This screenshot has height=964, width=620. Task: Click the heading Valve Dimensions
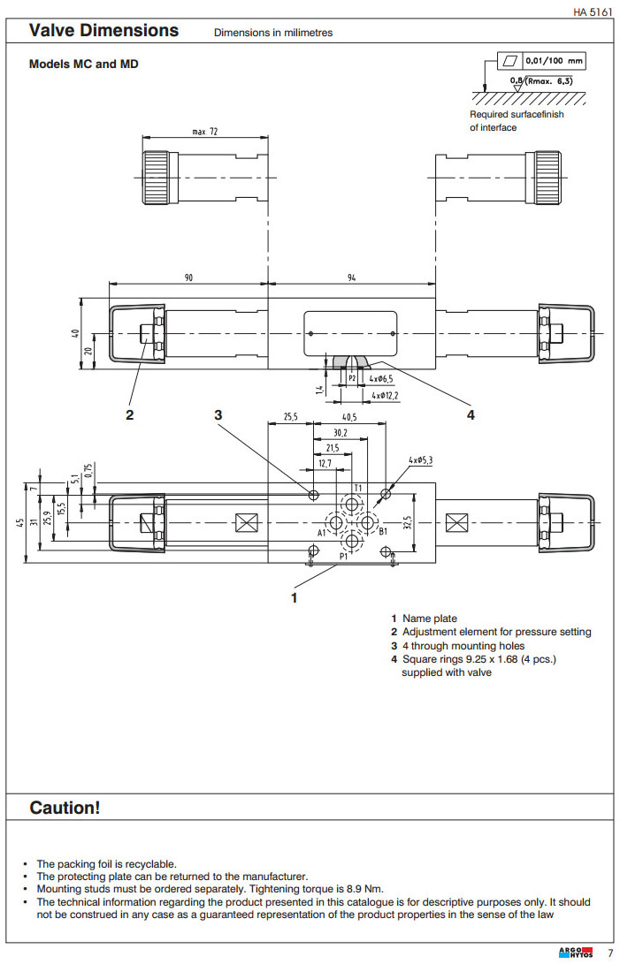pyautogui.click(x=103, y=31)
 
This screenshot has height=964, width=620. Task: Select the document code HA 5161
pyautogui.click(x=593, y=11)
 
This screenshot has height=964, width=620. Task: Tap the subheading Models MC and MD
pyautogui.click(x=84, y=65)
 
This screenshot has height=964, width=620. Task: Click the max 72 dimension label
pyautogui.click(x=205, y=132)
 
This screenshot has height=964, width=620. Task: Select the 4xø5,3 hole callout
pyautogui.click(x=420, y=461)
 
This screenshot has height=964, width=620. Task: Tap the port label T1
pyautogui.click(x=358, y=488)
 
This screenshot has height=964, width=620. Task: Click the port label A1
pyautogui.click(x=323, y=533)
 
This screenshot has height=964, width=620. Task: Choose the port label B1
pyautogui.click(x=383, y=532)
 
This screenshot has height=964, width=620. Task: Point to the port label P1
pyautogui.click(x=343, y=557)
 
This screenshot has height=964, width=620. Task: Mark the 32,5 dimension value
pyautogui.click(x=408, y=522)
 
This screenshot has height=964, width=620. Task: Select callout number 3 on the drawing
pyautogui.click(x=218, y=414)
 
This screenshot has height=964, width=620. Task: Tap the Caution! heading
pyautogui.click(x=65, y=808)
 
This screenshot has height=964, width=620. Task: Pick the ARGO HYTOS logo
pyautogui.click(x=576, y=953)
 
